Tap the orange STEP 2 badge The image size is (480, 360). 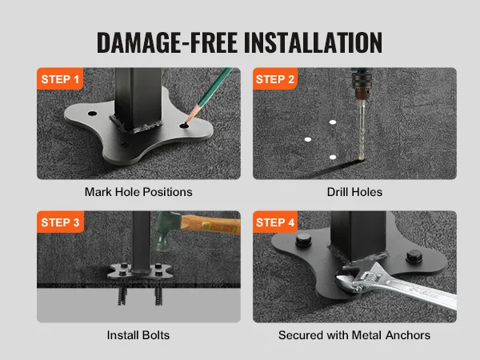pos(274,79)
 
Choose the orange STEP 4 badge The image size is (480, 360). pos(274,222)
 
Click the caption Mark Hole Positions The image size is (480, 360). pos(138,192)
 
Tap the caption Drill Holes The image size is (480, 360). pos(354,192)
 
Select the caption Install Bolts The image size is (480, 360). pos(138,335)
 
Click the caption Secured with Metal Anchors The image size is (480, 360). pos(354,335)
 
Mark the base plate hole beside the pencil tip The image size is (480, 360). pos(186,126)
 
